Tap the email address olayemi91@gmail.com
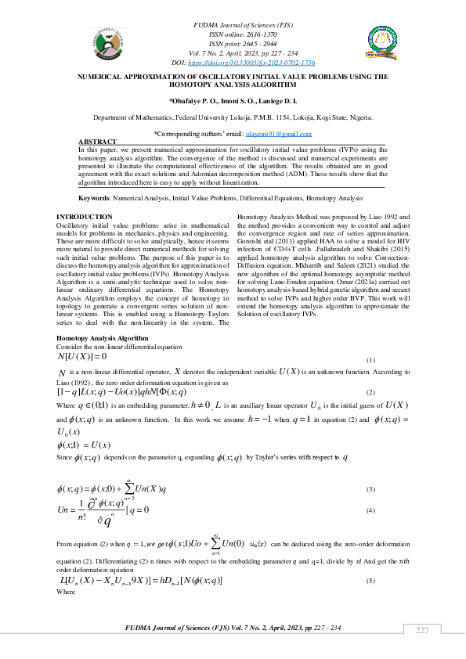pyautogui.click(x=279, y=135)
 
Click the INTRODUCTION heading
pyautogui.click(x=85, y=216)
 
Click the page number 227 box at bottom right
pyautogui.click(x=423, y=630)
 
